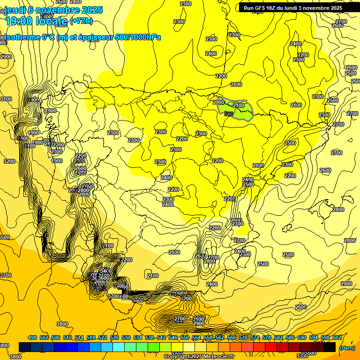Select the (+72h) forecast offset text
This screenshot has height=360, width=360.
click(x=81, y=21)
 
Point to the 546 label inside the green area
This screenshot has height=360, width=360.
click(x=229, y=114)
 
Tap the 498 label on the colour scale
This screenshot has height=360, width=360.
click(x=32, y=337)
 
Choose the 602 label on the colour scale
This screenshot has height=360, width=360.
click(x=337, y=337)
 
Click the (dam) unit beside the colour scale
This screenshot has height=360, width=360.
click(x=347, y=348)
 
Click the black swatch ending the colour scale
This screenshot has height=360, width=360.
click(x=330, y=347)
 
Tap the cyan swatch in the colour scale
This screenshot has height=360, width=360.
click(x=119, y=347)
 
